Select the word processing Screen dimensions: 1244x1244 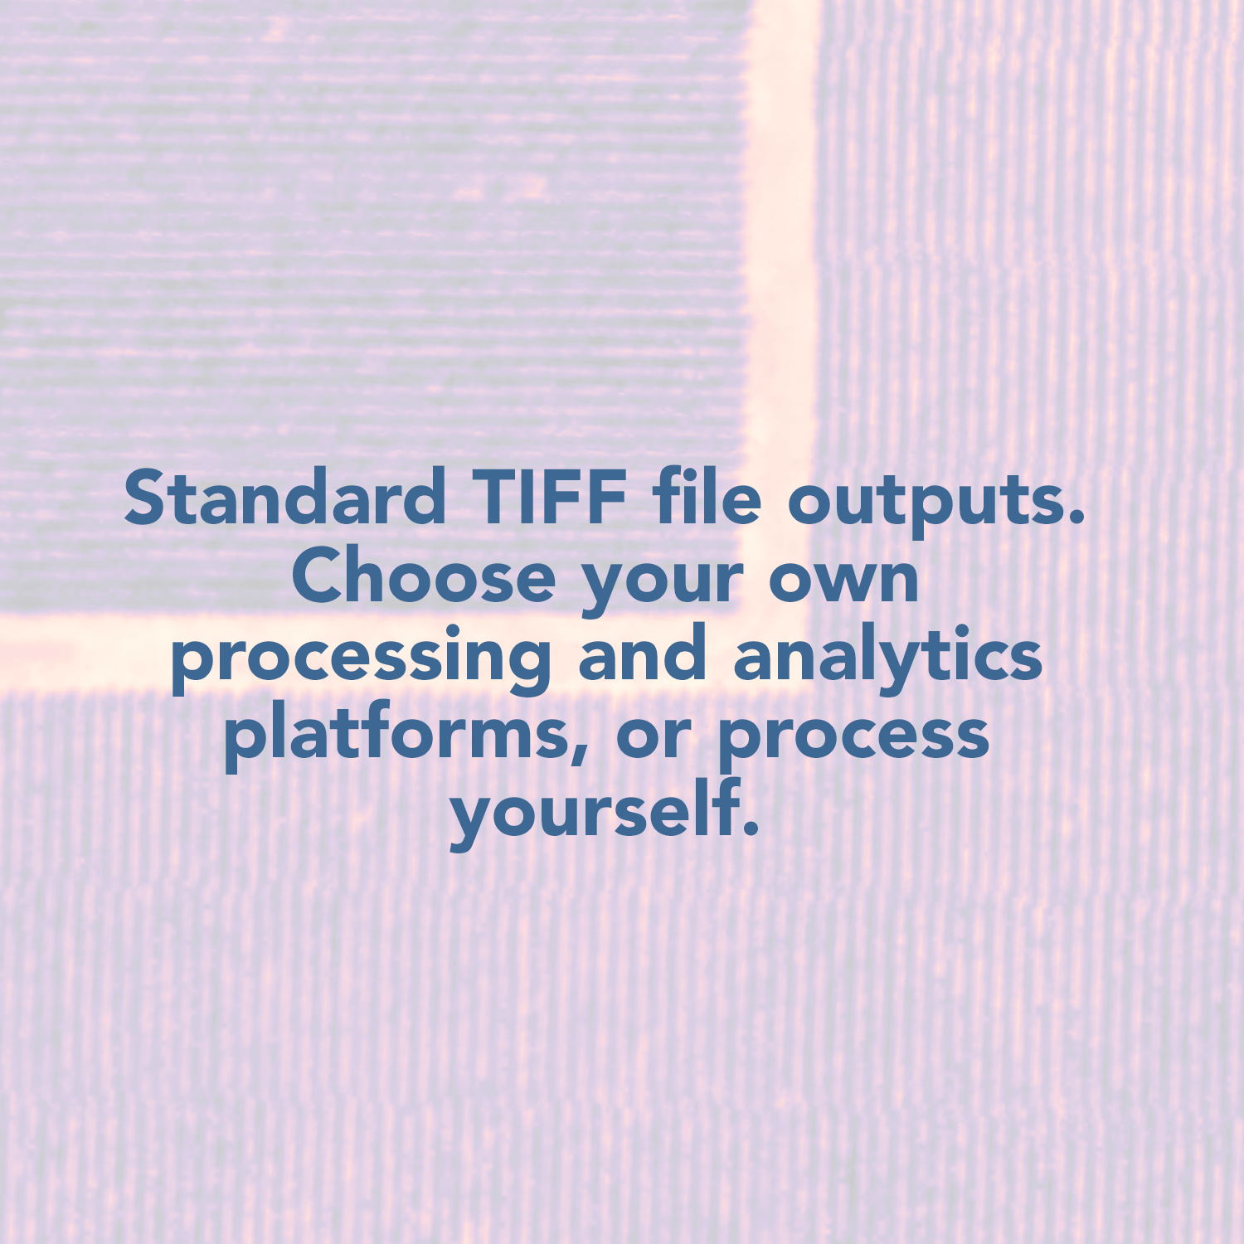[x=362, y=659]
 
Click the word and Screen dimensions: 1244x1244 [x=642, y=652]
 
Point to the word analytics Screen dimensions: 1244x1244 [x=887, y=659]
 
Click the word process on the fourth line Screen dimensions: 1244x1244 [x=853, y=741]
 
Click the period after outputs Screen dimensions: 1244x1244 [x=1077, y=518]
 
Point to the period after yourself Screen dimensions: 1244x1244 [x=751, y=827]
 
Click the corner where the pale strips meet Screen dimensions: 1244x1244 [x=780, y=651]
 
